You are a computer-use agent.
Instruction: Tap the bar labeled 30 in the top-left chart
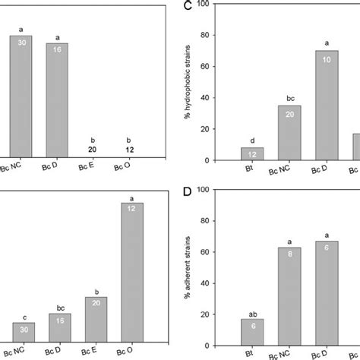(x=21, y=96)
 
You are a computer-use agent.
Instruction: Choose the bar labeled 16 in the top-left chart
(x=57, y=99)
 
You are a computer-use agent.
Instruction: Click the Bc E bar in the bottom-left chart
(x=95, y=319)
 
